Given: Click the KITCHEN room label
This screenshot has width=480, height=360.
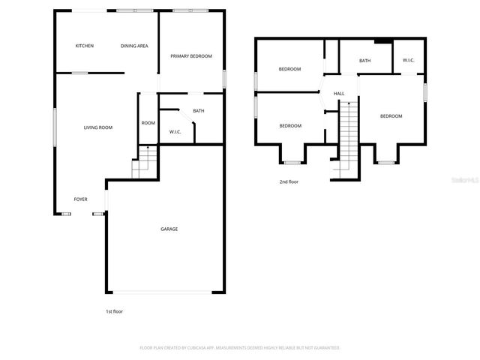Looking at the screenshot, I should click(x=85, y=46).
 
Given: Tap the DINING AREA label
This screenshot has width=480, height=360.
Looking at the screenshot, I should click(x=134, y=46).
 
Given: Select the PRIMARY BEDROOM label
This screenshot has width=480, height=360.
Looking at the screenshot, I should click(x=191, y=56).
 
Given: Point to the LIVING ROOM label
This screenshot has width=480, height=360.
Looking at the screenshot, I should click(x=97, y=127).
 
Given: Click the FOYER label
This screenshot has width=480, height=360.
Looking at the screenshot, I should click(x=80, y=199).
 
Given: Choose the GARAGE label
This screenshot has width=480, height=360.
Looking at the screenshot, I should click(x=169, y=229).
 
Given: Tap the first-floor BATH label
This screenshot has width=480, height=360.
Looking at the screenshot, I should click(x=199, y=111).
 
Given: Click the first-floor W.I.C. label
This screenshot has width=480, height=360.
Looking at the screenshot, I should click(x=175, y=132).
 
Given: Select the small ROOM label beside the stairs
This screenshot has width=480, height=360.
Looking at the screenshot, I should click(x=148, y=123).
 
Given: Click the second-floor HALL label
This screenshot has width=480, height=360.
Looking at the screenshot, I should click(x=339, y=94).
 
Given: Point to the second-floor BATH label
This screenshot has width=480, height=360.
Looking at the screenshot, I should click(x=364, y=61).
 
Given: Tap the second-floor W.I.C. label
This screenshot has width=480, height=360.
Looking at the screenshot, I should click(x=409, y=61).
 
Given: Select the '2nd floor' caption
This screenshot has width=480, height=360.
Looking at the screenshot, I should click(x=289, y=181).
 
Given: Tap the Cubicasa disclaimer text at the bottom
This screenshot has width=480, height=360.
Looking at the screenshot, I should click(x=240, y=348).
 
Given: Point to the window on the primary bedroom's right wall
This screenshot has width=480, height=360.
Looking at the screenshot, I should click(x=224, y=79).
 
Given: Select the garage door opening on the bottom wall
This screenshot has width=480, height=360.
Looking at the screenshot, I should click(x=166, y=291).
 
